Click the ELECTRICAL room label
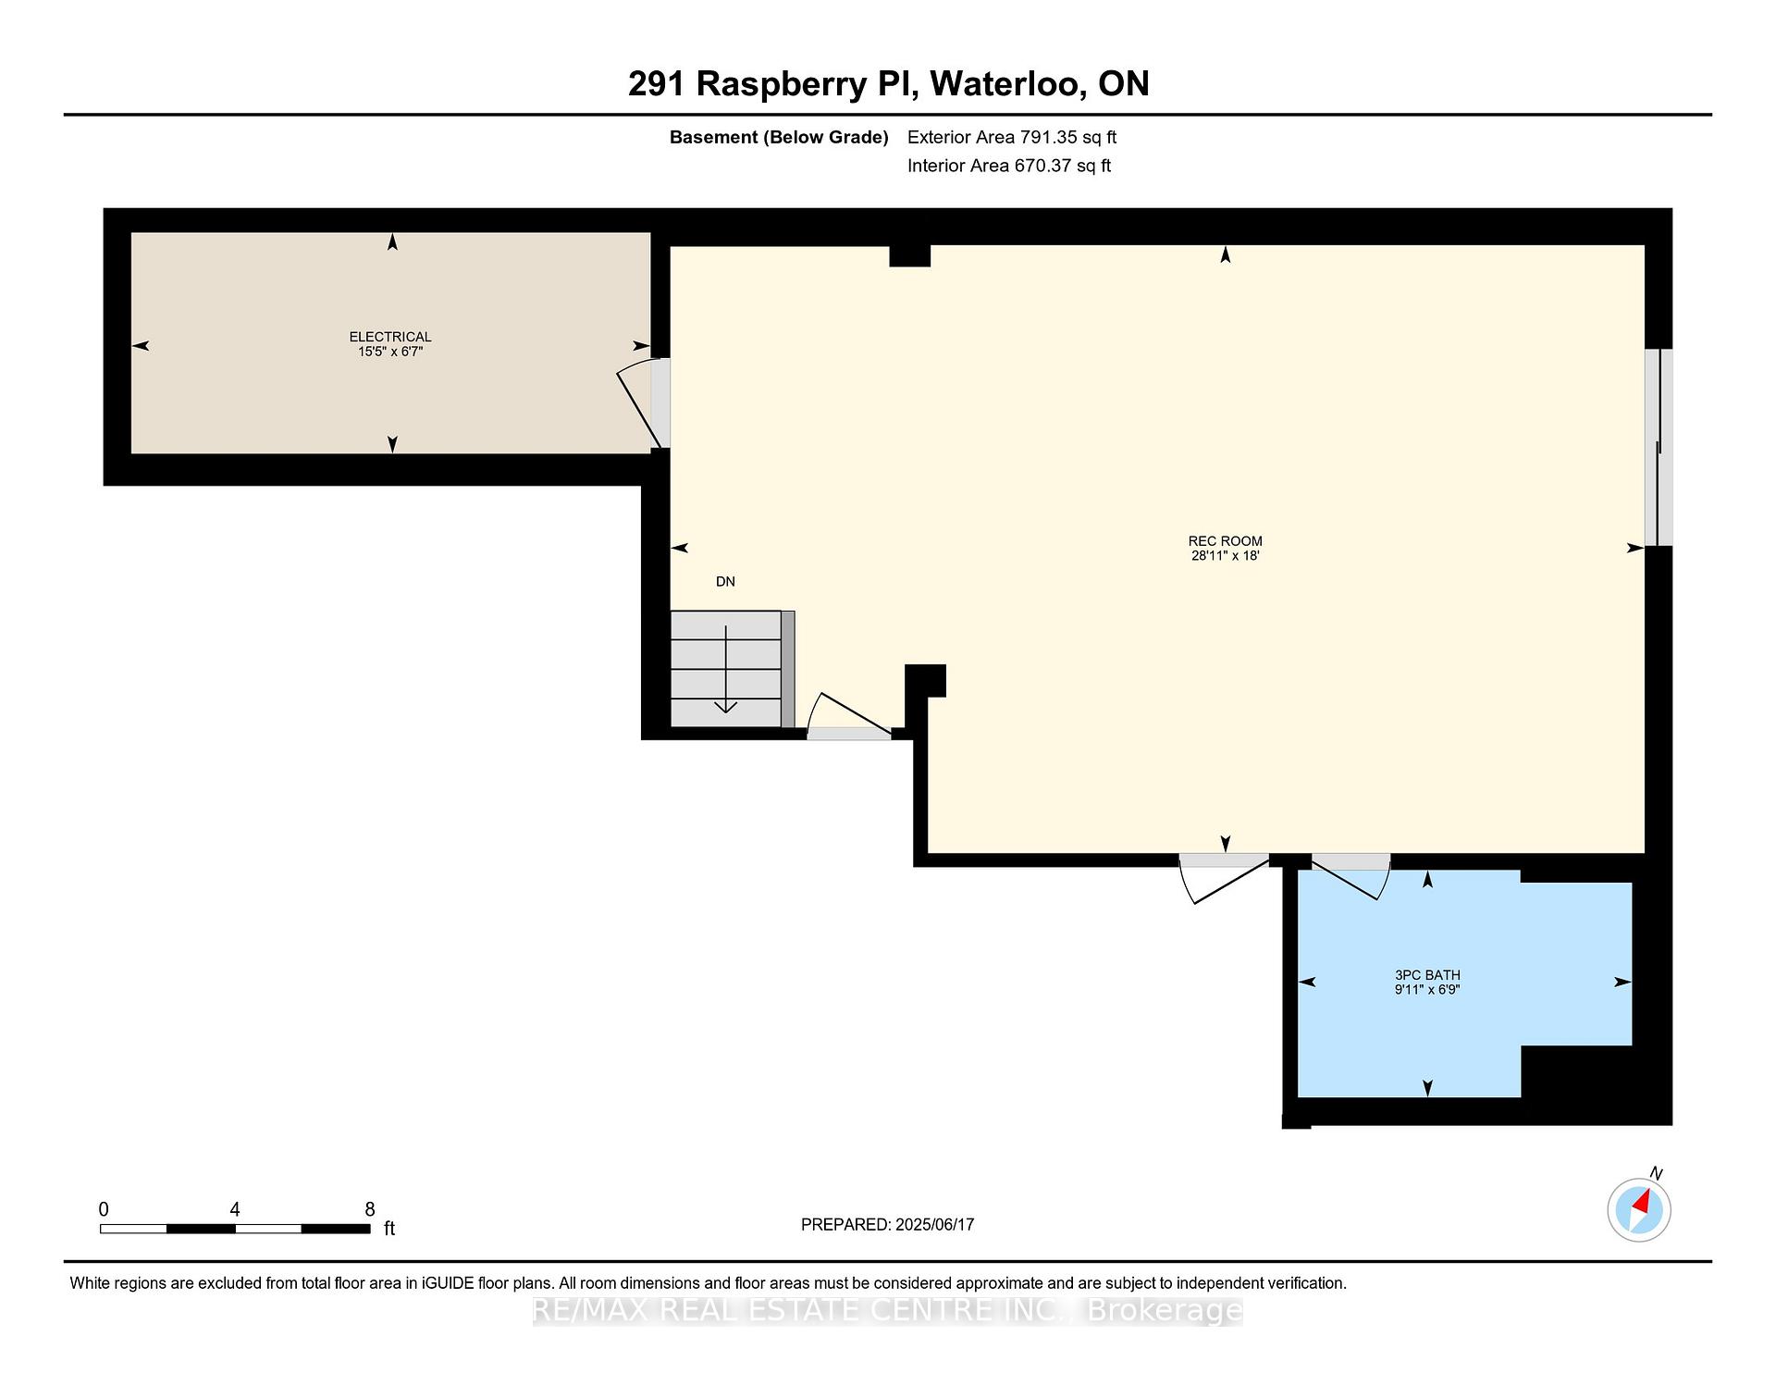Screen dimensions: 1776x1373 click(x=390, y=337)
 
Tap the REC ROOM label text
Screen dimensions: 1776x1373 click(x=1226, y=541)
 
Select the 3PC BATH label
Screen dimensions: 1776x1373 click(x=1427, y=975)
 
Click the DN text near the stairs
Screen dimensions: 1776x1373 click(x=725, y=582)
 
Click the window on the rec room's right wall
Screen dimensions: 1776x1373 click(x=1659, y=447)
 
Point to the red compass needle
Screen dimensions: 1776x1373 click(x=1643, y=1203)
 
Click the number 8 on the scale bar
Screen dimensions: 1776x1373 click(x=370, y=1209)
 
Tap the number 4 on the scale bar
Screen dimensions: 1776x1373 click(x=235, y=1209)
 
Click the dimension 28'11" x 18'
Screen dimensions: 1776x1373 click(x=1226, y=556)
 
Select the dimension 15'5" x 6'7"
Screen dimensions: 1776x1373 click(x=390, y=352)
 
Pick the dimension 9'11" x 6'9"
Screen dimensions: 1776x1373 click(x=1427, y=990)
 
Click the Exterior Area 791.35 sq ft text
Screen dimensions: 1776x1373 click(x=1012, y=137)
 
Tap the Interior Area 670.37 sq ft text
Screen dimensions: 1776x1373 click(x=1009, y=166)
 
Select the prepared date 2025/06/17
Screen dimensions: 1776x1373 click(x=935, y=1224)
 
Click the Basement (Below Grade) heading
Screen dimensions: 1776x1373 click(x=779, y=138)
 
